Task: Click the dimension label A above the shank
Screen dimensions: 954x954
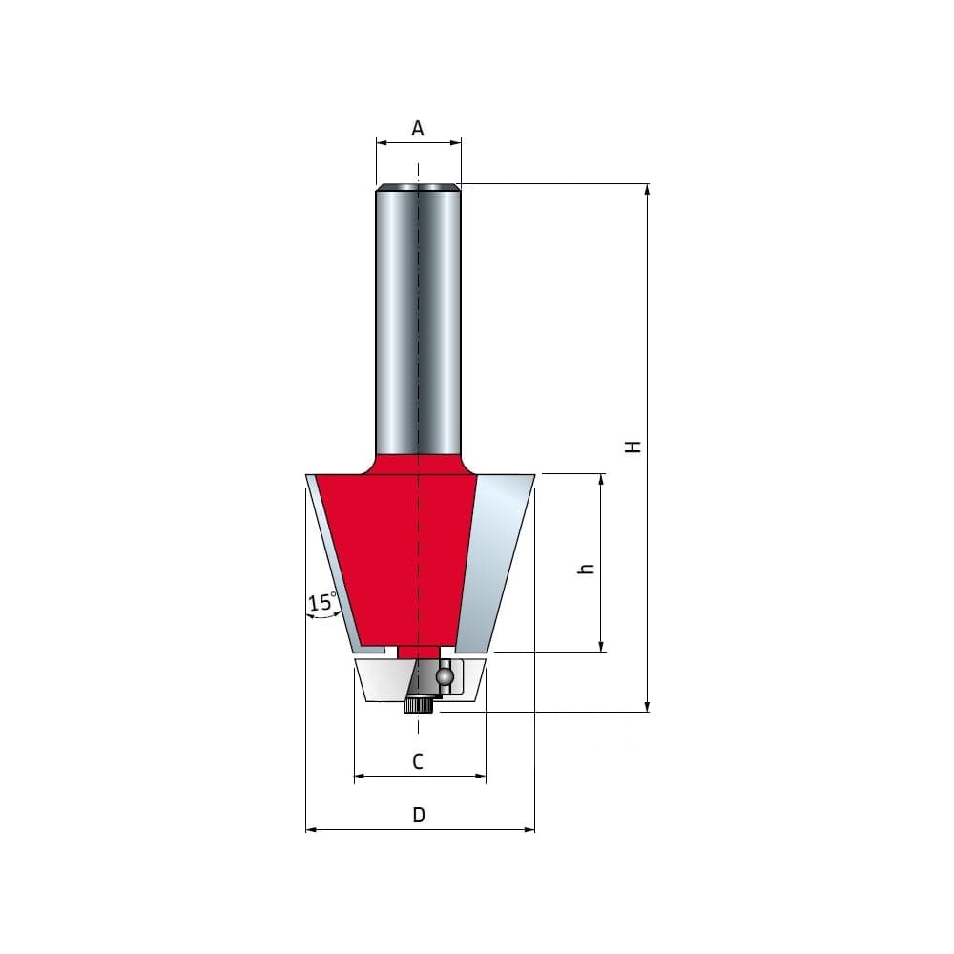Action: pos(418,129)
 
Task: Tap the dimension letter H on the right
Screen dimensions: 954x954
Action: pos(633,446)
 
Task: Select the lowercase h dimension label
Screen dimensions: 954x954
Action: pos(587,569)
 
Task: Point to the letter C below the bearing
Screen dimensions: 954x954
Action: pos(418,761)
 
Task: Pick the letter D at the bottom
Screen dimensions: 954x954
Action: pos(419,815)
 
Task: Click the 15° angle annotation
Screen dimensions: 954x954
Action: pos(322,602)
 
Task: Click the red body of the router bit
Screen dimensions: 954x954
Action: pos(396,557)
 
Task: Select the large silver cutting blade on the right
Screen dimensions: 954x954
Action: pos(495,563)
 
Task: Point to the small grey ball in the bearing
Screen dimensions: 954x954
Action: pos(445,675)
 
